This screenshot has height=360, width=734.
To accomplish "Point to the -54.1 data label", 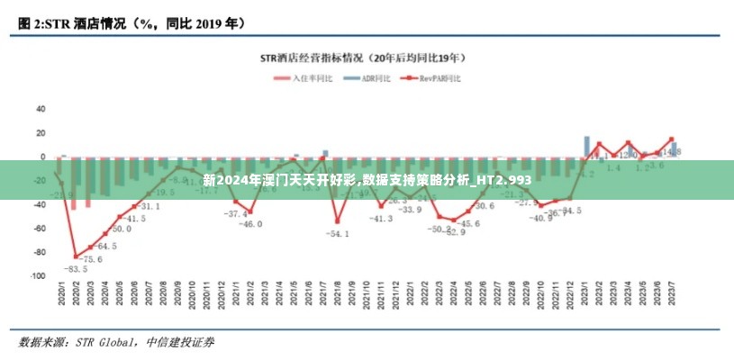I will tap(338, 234).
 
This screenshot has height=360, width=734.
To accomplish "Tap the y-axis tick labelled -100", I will tap(37, 276).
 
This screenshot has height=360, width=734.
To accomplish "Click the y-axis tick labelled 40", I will tap(41, 109).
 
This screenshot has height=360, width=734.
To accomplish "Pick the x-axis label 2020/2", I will tap(75, 293).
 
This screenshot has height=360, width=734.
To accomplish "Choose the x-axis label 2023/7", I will tap(671, 293).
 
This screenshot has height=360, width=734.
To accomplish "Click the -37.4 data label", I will tap(236, 213).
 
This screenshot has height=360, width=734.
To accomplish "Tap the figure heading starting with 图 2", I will tap(131, 21).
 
